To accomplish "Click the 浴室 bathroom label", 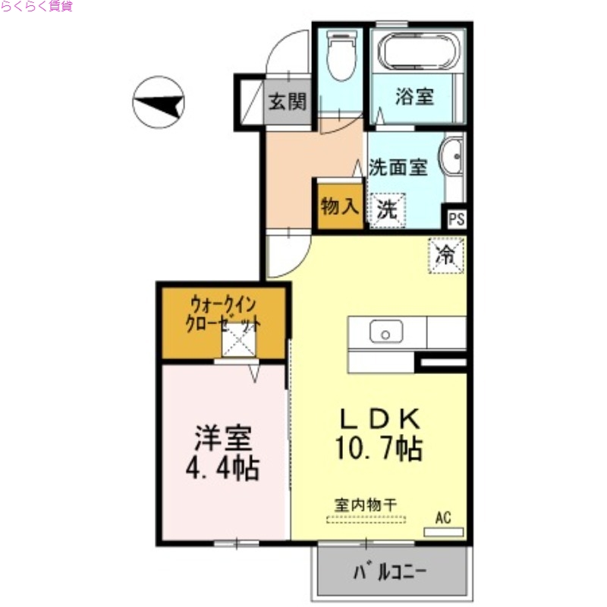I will [414, 97].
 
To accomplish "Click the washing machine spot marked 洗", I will [387, 210].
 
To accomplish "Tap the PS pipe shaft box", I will [456, 219].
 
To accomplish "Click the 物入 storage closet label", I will [338, 206].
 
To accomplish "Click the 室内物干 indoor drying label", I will [366, 503].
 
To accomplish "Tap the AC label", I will [443, 518].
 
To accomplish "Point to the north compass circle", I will [159, 102].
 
